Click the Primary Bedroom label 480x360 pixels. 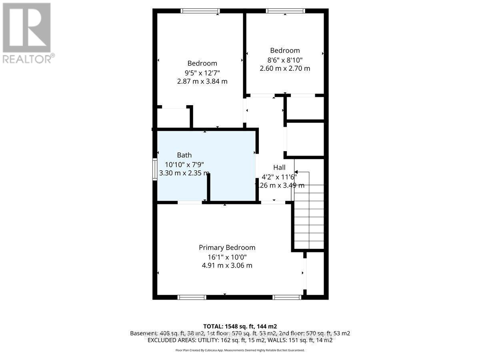227,248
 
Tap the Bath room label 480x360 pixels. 184,155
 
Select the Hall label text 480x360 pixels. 279,167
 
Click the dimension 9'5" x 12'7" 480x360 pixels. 202,72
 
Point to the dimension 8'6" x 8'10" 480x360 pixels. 284,60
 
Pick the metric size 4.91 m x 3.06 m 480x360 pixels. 227,265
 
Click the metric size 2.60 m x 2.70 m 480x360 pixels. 284,68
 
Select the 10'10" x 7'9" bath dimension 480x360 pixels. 184,164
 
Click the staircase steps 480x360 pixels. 309,216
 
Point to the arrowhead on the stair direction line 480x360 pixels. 296,172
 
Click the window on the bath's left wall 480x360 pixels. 154,170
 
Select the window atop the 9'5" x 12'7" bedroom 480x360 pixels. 200,11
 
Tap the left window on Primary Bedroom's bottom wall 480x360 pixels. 192,297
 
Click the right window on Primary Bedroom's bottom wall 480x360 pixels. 287,297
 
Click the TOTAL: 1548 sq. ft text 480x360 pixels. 240,326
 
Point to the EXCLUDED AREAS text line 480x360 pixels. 240,340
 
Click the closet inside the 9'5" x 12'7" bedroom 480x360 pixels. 173,118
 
